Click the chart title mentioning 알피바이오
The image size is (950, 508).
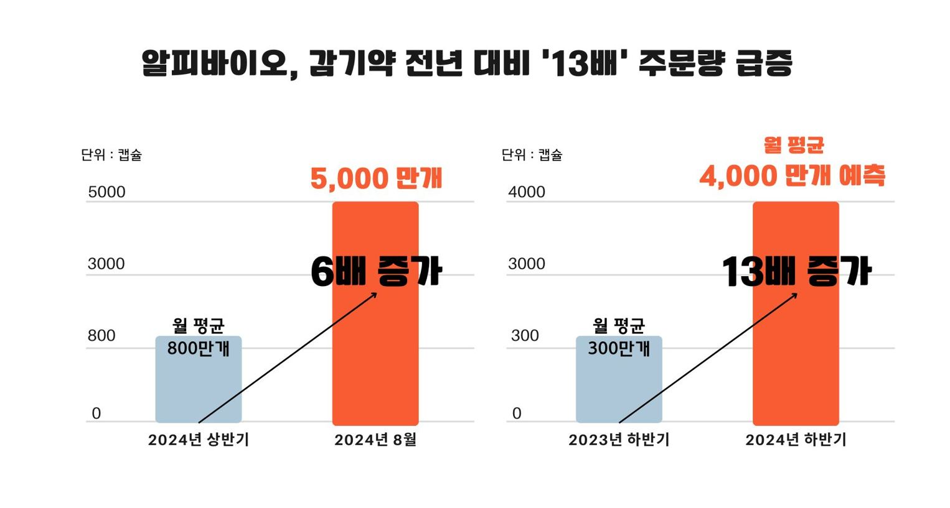pyautogui.click(x=467, y=63)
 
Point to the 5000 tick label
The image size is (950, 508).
pyautogui.click(x=106, y=192)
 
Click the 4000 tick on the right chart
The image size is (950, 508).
pyautogui.click(x=527, y=192)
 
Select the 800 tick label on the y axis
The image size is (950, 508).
pyautogui.click(x=101, y=336)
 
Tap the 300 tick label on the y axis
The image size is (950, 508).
pyautogui.click(x=525, y=336)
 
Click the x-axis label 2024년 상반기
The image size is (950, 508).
pyautogui.click(x=199, y=440)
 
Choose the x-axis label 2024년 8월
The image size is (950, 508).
pyautogui.click(x=375, y=440)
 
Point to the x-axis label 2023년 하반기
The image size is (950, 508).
pyautogui.click(x=619, y=440)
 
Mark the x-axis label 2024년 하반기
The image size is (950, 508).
pyautogui.click(x=796, y=440)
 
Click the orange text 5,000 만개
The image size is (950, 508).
pyautogui.click(x=376, y=178)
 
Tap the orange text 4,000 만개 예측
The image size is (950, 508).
pyautogui.click(x=792, y=176)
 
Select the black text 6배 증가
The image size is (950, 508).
pyautogui.click(x=376, y=272)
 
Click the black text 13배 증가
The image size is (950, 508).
pyautogui.click(x=796, y=272)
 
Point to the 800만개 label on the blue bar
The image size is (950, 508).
pyautogui.click(x=199, y=348)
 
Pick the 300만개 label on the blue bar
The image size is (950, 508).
pyautogui.click(x=619, y=348)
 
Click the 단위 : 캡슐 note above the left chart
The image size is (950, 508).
pyautogui.click(x=111, y=155)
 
